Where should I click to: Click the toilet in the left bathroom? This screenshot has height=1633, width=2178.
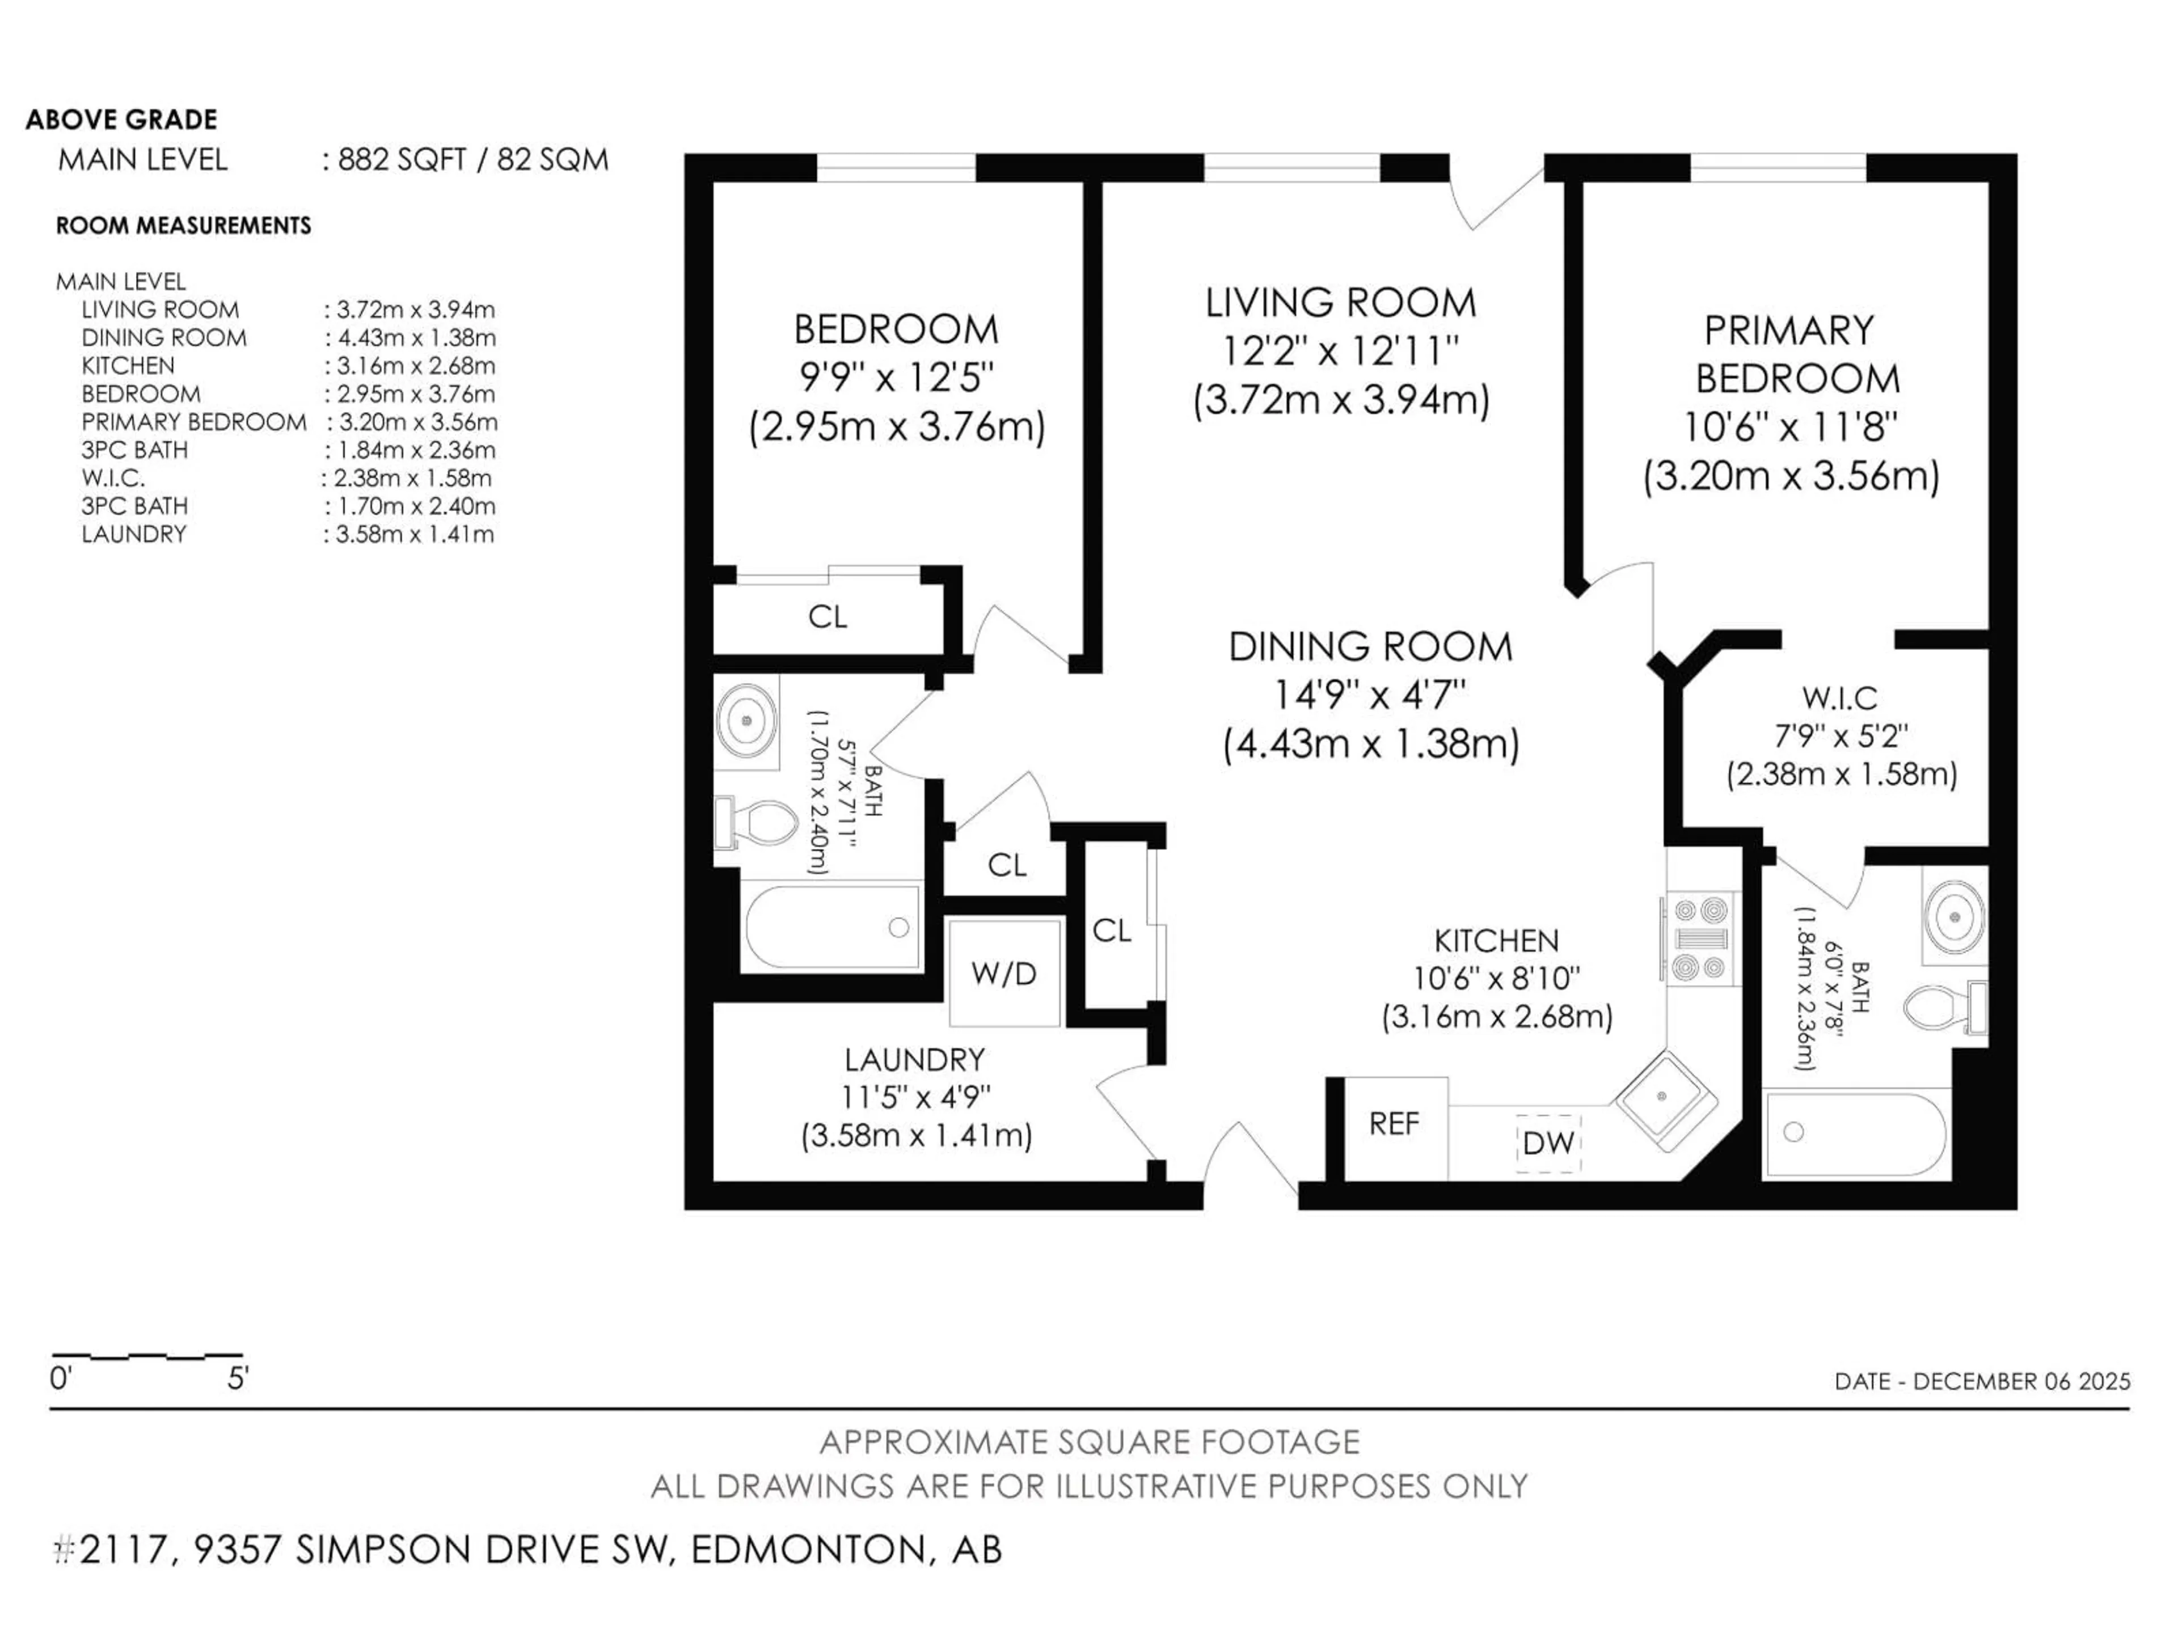(758, 823)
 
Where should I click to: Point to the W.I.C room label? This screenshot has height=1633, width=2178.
(1839, 699)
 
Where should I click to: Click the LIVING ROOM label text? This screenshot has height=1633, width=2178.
(1340, 302)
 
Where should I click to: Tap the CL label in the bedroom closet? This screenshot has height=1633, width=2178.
(827, 617)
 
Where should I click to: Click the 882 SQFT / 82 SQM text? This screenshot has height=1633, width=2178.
(472, 159)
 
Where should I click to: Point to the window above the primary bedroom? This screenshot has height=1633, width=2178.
(1778, 167)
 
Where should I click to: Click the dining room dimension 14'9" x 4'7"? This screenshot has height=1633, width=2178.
(1370, 696)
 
